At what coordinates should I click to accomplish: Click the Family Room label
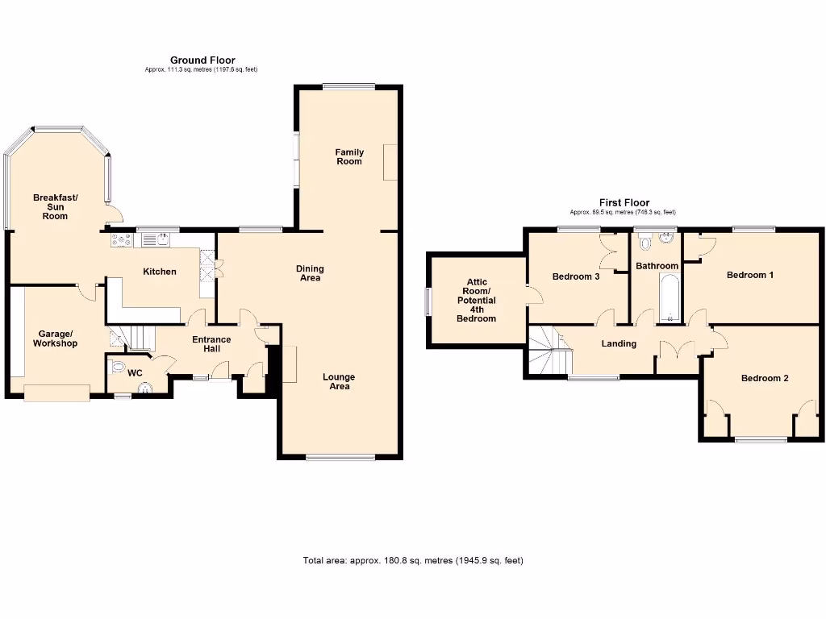point(349,156)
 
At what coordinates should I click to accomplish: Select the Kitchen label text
point(160,272)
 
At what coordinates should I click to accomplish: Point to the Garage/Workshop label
point(55,339)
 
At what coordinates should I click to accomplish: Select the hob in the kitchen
point(121,239)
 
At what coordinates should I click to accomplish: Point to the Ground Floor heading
point(202,60)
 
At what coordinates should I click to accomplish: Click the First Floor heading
point(624,203)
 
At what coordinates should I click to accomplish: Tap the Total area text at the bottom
point(413,560)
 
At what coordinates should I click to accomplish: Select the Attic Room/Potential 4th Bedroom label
point(476,300)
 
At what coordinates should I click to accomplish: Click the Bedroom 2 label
point(765,378)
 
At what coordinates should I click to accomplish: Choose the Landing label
point(619,343)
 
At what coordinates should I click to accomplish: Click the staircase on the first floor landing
point(549,350)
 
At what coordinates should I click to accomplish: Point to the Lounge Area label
point(339,381)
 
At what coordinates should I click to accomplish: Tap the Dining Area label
point(310,273)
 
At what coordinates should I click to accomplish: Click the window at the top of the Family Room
point(348,87)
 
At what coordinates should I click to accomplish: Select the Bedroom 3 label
point(575,276)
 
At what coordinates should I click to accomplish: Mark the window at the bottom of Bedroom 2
point(760,439)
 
